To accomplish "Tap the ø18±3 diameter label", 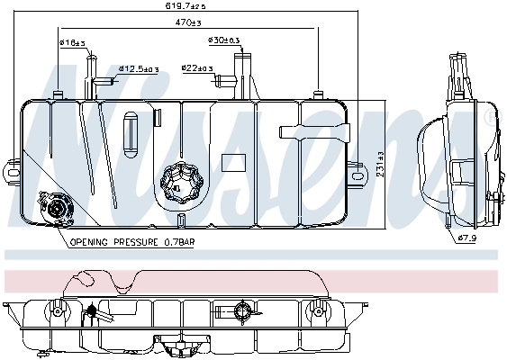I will coord(71,42).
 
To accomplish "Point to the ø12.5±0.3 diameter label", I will coord(140,67).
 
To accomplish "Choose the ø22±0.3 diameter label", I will coord(196,67).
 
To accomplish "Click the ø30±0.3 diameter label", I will coord(223,40).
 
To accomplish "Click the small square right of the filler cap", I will coord(233,164).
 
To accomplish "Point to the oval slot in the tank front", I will coord(131,125).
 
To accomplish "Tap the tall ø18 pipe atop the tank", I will coord(90,76).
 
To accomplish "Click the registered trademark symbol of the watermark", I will coord(488,119).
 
